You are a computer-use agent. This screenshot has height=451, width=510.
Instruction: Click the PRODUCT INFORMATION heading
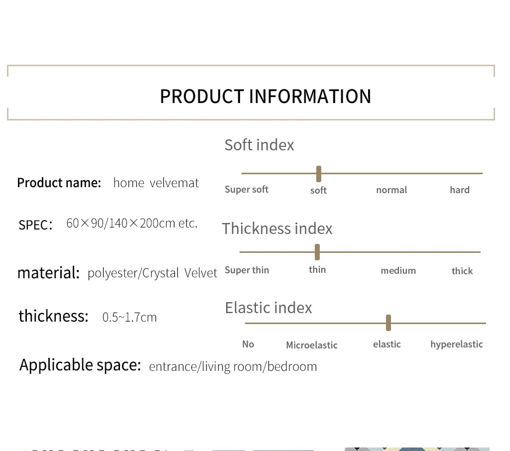[265, 97]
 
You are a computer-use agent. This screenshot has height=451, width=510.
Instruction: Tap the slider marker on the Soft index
[319, 174]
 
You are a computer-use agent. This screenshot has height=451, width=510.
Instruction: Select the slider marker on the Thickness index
[317, 252]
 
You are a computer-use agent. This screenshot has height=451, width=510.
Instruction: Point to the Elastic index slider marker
[388, 323]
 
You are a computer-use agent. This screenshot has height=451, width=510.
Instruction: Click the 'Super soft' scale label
[247, 189]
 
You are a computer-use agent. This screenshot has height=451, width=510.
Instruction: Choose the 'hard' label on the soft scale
[460, 190]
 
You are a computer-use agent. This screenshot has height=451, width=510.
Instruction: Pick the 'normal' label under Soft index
[391, 190]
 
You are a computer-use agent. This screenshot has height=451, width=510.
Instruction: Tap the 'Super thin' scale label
[247, 270]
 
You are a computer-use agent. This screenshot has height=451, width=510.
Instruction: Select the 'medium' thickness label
[398, 270]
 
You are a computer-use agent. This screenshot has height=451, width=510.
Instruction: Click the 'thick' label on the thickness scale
[462, 270]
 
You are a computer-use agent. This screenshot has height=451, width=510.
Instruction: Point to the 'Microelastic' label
[312, 345]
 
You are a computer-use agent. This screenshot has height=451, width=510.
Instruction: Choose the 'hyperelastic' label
[457, 344]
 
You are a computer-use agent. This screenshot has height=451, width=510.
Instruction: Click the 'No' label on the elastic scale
[248, 344]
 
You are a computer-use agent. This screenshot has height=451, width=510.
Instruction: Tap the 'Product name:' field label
[59, 183]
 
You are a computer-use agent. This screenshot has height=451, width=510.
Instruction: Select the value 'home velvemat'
[156, 183]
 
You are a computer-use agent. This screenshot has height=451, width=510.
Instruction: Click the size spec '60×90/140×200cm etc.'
[131, 223]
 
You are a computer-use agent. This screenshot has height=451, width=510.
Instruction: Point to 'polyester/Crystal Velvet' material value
[152, 273]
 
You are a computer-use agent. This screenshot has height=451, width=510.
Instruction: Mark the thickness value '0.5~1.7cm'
[129, 317]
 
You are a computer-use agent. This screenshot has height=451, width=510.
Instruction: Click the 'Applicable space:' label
[80, 365]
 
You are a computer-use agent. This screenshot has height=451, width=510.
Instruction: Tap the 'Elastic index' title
[268, 308]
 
